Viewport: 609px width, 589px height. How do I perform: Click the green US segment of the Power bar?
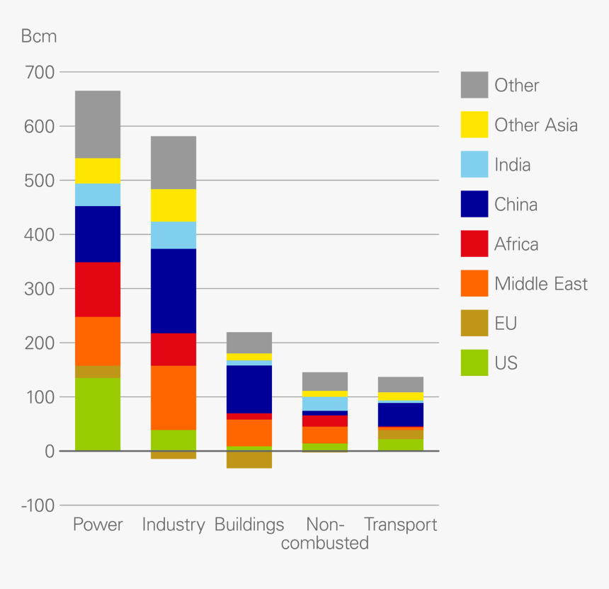tap(98, 414)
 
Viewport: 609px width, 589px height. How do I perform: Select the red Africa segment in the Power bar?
tap(98, 290)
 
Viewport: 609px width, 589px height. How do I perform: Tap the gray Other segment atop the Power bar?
tap(98, 125)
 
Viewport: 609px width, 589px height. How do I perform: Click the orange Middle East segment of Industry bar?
tap(173, 398)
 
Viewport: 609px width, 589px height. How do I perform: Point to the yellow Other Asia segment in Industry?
tap(173, 205)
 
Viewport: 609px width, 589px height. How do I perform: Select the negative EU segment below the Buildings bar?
tap(249, 459)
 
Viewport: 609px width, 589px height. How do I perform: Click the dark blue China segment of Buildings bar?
tap(249, 389)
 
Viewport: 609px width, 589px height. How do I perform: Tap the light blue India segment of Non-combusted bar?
tap(325, 404)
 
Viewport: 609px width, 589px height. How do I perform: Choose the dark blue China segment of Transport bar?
tap(401, 414)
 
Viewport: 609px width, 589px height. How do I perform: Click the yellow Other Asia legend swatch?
tap(474, 125)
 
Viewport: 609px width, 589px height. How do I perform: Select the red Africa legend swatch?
tap(474, 244)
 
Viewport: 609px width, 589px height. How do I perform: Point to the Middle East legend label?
tap(541, 284)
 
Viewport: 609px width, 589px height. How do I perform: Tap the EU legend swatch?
tap(474, 324)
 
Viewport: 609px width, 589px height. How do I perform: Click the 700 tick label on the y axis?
tap(39, 72)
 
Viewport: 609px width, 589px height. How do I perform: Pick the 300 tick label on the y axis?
tap(39, 289)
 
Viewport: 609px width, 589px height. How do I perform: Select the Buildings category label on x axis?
tap(249, 525)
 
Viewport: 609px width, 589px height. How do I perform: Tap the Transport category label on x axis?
tap(401, 525)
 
